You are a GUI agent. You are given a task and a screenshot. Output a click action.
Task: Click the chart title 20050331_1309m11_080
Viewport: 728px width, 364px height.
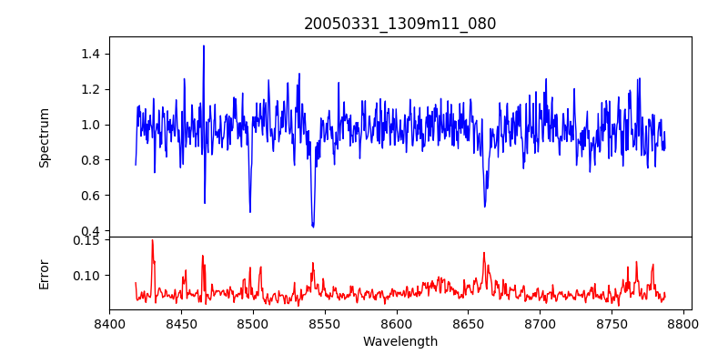tap(400, 24)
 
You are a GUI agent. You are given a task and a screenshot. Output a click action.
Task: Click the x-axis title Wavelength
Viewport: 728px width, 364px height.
tap(400, 341)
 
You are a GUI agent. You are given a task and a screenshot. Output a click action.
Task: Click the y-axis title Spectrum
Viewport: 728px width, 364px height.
tap(45, 137)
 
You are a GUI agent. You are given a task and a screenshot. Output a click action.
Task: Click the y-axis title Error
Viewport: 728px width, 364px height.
tap(45, 274)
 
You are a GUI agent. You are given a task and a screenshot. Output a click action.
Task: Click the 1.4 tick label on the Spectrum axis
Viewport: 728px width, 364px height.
tap(88, 54)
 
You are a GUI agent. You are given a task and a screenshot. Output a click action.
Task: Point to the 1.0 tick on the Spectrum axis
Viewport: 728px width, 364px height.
tap(88, 125)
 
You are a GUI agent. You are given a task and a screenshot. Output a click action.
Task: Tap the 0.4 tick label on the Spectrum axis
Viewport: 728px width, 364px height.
tap(88, 231)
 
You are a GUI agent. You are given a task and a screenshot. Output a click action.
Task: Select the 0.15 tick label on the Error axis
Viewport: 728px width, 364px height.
tap(85, 240)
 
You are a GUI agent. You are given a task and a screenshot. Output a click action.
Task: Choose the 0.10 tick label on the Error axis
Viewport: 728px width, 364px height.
tap(85, 275)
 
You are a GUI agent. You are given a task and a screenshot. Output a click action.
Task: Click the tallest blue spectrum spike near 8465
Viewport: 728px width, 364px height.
tap(204, 45)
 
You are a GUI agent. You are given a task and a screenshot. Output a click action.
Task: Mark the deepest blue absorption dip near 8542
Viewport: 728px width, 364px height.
tap(313, 227)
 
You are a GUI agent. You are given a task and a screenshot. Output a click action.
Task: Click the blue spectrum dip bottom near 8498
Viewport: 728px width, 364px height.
tap(250, 212)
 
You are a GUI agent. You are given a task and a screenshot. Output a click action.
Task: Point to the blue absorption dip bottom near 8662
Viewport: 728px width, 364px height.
tap(485, 206)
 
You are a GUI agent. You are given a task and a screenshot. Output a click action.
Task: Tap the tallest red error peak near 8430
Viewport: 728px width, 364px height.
tap(152, 240)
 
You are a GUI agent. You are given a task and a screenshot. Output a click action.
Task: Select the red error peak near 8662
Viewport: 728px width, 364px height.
tap(484, 253)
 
